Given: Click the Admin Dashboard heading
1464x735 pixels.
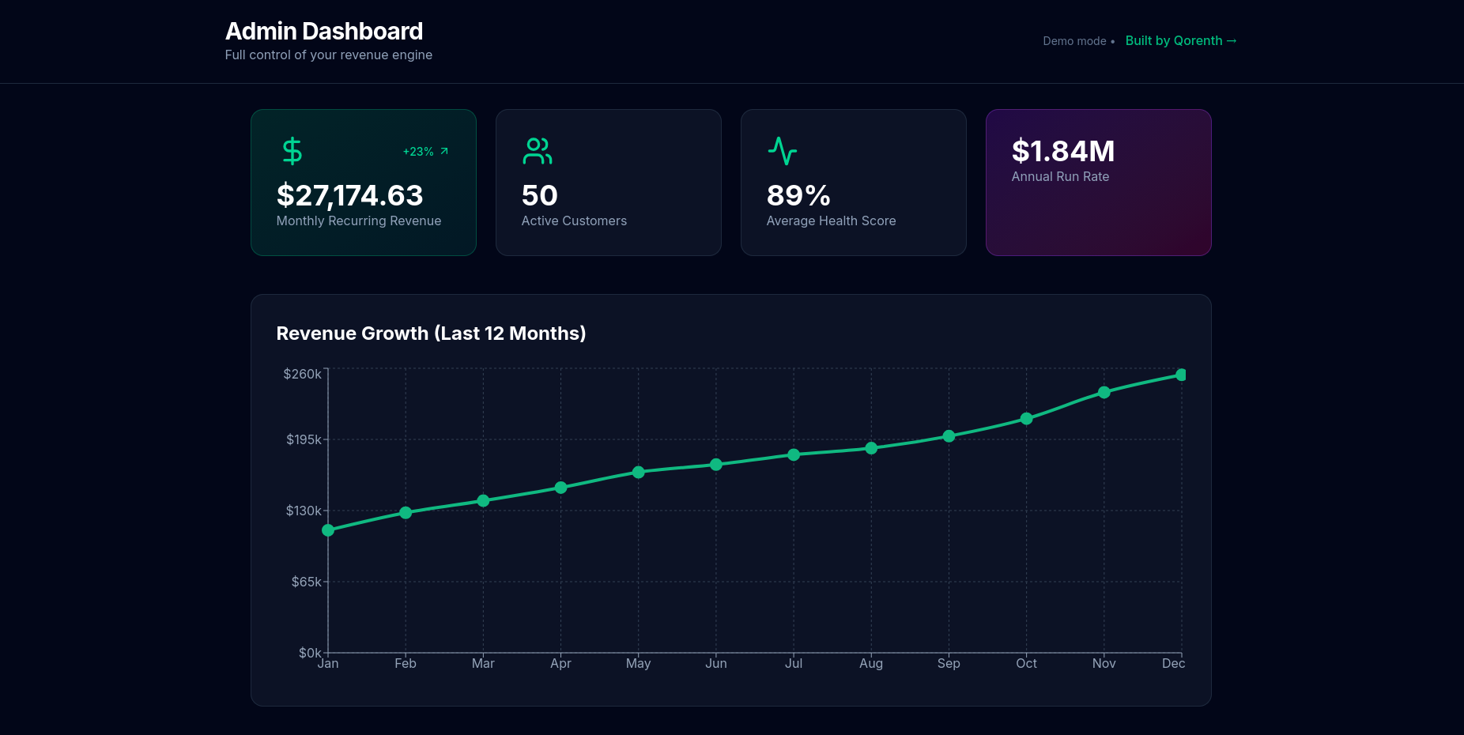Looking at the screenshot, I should coord(324,32).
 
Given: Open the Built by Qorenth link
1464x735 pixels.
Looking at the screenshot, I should coord(1180,41).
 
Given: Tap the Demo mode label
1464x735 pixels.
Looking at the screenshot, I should coord(1074,41).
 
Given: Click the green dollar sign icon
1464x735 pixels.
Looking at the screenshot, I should coord(292,151).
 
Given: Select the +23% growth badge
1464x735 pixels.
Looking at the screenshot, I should coord(425,152).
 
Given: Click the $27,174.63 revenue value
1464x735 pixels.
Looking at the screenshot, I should coord(349,195).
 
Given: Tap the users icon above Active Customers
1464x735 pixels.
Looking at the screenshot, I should coord(538,151).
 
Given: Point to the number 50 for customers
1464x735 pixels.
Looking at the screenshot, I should coord(539,195).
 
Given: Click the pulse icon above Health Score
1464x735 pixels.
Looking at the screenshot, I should coord(783,151).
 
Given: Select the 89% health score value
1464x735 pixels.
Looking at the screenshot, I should coord(798,195).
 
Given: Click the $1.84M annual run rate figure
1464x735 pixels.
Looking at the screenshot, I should coord(1063,151).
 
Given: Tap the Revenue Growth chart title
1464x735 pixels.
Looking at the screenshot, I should coord(431,334).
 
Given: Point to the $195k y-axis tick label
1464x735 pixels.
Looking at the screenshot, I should coord(304,439).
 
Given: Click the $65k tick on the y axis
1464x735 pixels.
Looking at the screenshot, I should coord(306,582).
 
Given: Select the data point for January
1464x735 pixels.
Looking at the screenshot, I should coord(328,530).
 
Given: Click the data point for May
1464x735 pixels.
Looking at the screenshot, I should coord(639,473).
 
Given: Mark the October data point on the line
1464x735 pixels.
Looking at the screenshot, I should coord(1026,419).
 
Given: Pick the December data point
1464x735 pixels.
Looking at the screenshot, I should coord(1181,375).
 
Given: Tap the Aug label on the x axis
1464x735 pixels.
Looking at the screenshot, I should coord(871,664).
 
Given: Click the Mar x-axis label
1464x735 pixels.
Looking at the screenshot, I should coord(483,664).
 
